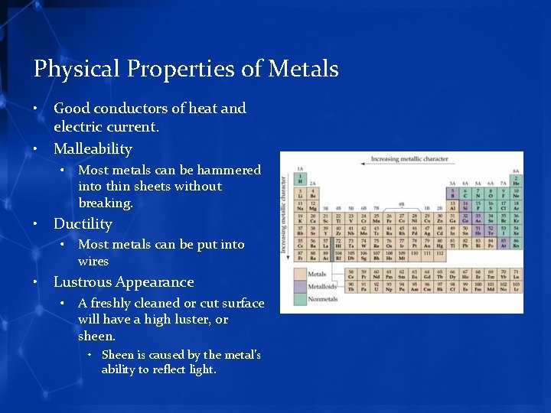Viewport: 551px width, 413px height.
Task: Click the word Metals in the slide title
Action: click(303, 69)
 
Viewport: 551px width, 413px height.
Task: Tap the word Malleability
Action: click(93, 148)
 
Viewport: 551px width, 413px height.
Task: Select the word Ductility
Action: click(83, 223)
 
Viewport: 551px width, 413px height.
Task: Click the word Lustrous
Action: click(85, 281)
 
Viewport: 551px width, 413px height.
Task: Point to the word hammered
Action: click(229, 170)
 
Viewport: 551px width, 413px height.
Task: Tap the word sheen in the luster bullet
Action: click(96, 336)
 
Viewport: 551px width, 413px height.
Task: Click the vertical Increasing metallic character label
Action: click(284, 214)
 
